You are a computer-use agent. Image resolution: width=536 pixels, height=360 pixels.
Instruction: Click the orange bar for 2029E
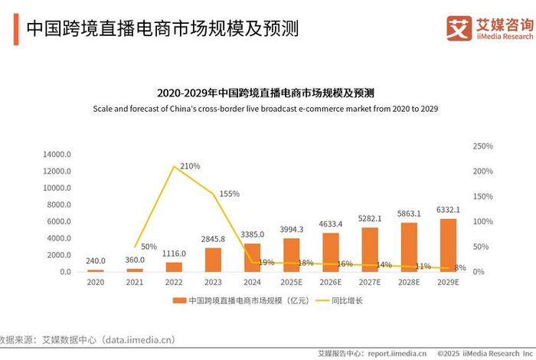point(448,245)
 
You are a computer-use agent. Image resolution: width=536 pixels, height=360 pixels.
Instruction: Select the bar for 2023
point(214,260)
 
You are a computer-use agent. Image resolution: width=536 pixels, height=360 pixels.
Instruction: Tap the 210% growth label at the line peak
point(190,166)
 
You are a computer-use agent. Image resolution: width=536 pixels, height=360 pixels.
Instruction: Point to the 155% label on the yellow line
point(230,194)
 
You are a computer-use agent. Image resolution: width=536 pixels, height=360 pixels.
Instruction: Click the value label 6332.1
point(448,210)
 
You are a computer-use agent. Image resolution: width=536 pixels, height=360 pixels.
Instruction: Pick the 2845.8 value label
point(214,239)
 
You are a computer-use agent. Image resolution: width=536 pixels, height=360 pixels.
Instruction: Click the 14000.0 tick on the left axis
point(57,154)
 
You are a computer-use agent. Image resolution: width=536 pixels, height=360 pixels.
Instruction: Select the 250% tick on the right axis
point(483,146)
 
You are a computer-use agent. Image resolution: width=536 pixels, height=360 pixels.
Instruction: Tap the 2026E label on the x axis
point(331,281)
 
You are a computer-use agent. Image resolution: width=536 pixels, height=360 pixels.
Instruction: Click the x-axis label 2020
point(96,281)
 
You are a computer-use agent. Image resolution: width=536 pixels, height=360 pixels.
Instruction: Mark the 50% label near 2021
point(149,247)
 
